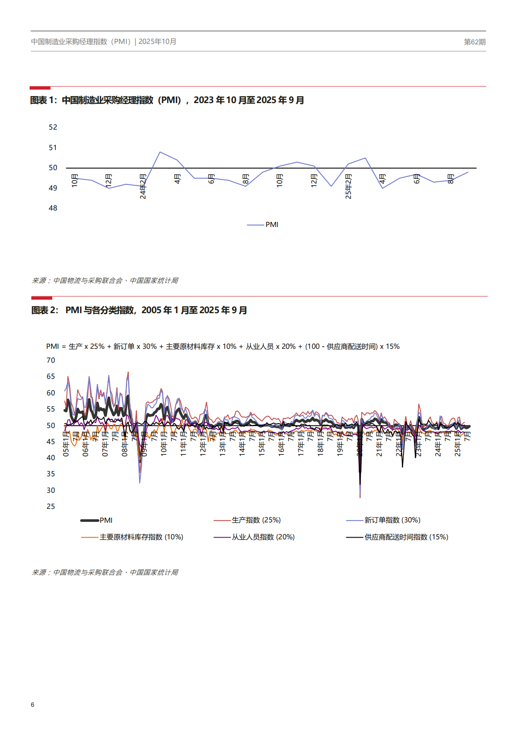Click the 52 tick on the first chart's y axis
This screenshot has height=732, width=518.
click(53, 127)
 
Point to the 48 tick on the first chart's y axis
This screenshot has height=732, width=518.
click(53, 208)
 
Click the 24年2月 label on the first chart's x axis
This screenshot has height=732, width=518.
click(143, 187)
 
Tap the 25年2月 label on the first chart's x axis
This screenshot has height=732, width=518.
click(348, 187)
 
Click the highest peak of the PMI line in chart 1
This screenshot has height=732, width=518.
click(160, 152)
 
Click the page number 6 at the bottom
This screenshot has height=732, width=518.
click(33, 705)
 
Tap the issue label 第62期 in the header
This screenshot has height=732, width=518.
click(474, 42)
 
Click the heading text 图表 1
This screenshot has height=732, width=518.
click(43, 100)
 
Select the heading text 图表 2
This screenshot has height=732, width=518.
click(44, 311)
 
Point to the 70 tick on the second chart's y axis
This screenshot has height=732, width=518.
click(51, 361)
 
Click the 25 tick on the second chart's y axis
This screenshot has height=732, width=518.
click(51, 507)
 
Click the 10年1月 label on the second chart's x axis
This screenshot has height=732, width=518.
click(164, 444)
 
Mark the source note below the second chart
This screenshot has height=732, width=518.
click(105, 573)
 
